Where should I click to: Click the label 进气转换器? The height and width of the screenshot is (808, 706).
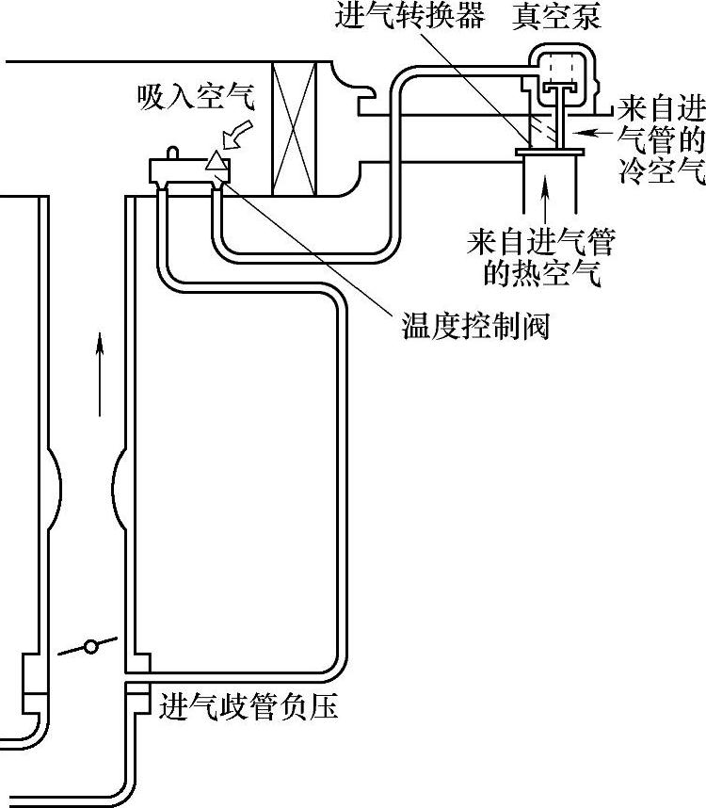click(x=409, y=18)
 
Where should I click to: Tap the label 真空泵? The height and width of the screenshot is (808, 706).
click(x=556, y=18)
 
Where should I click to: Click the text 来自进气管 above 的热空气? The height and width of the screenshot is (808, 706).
click(x=540, y=244)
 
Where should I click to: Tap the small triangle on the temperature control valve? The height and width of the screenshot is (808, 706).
click(x=217, y=161)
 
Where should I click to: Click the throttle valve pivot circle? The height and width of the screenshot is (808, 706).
click(x=91, y=647)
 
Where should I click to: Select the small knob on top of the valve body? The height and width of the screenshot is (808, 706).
click(x=172, y=151)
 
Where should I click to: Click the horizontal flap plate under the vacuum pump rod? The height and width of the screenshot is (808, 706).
click(x=551, y=151)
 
